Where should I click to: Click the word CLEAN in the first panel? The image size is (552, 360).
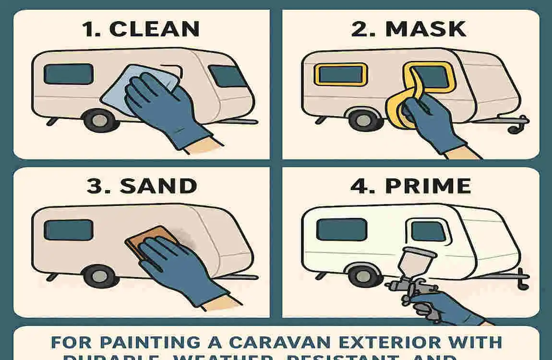(154, 29)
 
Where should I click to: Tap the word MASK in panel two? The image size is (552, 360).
(425, 29)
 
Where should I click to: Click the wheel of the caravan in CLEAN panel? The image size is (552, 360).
(98, 120)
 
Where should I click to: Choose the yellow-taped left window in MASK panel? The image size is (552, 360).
(340, 75)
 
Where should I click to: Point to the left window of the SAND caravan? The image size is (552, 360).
(68, 230)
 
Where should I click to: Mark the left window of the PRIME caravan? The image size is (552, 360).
(341, 229)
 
